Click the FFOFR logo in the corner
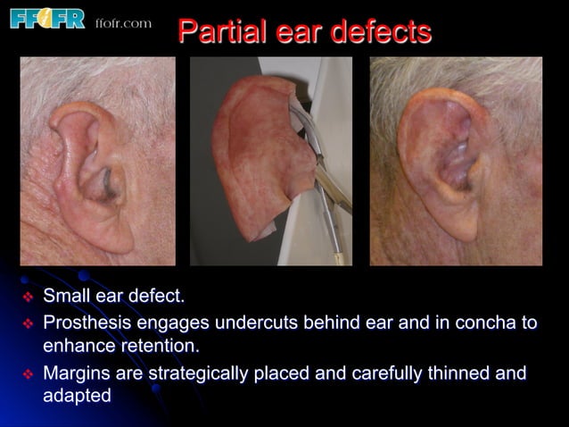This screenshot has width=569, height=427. pos(46,19)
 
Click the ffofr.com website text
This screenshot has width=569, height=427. pos(123,22)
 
